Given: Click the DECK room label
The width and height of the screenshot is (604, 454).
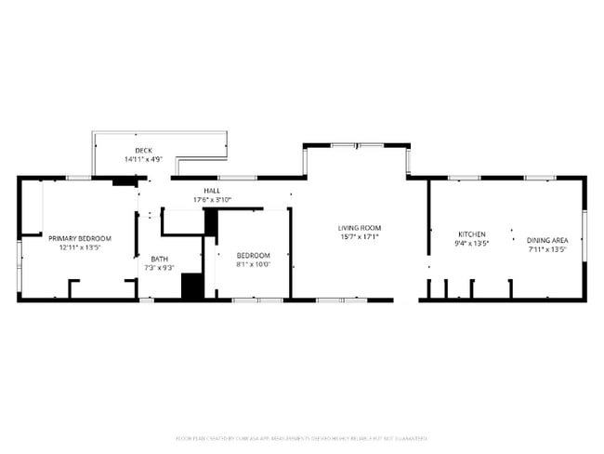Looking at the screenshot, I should pyautogui.click(x=143, y=150).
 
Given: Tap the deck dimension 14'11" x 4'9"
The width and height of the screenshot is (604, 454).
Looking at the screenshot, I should pyautogui.click(x=143, y=159).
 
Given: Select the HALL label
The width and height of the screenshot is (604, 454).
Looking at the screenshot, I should pyautogui.click(x=212, y=190).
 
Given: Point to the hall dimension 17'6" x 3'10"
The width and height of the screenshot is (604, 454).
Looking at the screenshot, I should pyautogui.click(x=212, y=199).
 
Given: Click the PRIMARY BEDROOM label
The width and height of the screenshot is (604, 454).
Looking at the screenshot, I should pyautogui.click(x=79, y=238).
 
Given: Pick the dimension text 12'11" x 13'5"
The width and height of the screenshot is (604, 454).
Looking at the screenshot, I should pyautogui.click(x=79, y=247).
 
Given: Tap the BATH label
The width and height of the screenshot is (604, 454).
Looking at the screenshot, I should pyautogui.click(x=160, y=259).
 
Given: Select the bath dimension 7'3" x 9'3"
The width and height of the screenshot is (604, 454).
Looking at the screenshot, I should pyautogui.click(x=160, y=268).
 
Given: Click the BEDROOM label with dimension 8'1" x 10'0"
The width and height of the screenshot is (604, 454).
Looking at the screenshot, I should pyautogui.click(x=253, y=255).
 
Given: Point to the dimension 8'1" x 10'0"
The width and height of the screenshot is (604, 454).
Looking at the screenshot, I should pyautogui.click(x=253, y=264).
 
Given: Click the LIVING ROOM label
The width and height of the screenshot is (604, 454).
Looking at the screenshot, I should pyautogui.click(x=359, y=227).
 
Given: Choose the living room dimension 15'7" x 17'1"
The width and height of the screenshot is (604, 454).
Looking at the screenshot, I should pyautogui.click(x=359, y=236).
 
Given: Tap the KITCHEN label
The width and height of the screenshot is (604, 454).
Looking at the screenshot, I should pyautogui.click(x=472, y=234).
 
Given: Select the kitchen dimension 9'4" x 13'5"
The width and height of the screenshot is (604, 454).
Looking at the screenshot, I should pyautogui.click(x=472, y=243).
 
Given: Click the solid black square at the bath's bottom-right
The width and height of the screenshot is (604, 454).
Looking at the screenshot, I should pyautogui.click(x=192, y=286).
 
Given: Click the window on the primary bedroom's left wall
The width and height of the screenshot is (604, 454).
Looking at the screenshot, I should pyautogui.click(x=20, y=255).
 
